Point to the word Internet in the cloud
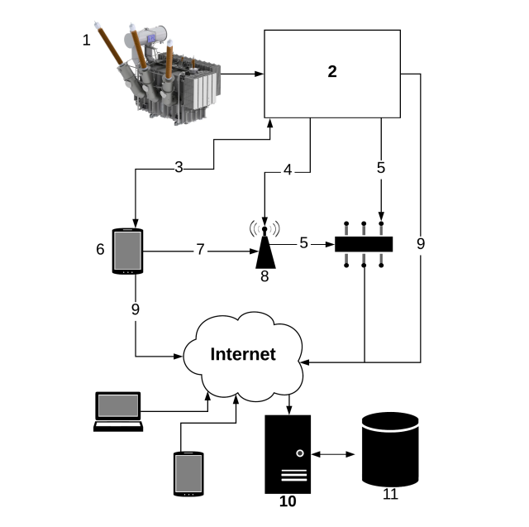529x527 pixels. [x=242, y=354]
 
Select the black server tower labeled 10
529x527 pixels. [x=288, y=454]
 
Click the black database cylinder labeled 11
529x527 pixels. [x=390, y=452]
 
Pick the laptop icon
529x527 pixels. [x=117, y=411]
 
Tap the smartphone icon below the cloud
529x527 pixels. [x=188, y=473]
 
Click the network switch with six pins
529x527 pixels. [x=365, y=244]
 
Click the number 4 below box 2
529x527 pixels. [x=288, y=170]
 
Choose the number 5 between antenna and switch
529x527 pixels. [x=304, y=243]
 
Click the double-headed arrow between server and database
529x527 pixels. [x=336, y=454]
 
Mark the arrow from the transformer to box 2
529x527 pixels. [x=244, y=74]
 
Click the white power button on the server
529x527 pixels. [x=299, y=453]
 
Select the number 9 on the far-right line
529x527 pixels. [x=421, y=244]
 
